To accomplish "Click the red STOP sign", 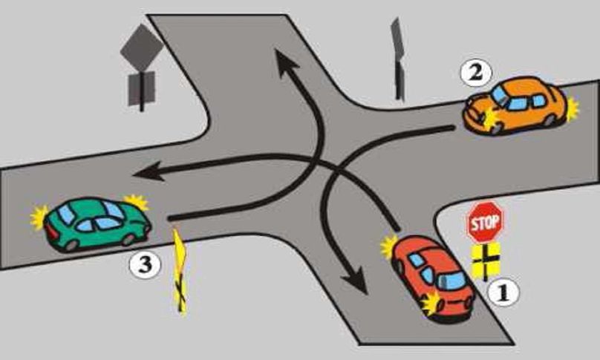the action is tap(485, 222).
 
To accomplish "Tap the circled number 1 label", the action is tap(503, 292).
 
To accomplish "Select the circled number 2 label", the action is tap(476, 73).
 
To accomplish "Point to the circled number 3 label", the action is tap(145, 265).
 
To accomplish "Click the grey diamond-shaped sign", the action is tap(142, 48).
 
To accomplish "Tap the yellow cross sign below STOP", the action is tap(486, 261).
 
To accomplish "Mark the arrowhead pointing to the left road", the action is tap(149, 172).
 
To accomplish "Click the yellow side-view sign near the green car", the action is tap(180, 272).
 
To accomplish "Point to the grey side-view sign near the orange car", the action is tap(398, 59).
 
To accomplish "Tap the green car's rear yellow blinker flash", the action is tap(39, 217).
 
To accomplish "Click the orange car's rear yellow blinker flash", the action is tap(573, 108).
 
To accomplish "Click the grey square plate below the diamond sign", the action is tap(141, 88).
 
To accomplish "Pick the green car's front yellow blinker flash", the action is tap(137, 202).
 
